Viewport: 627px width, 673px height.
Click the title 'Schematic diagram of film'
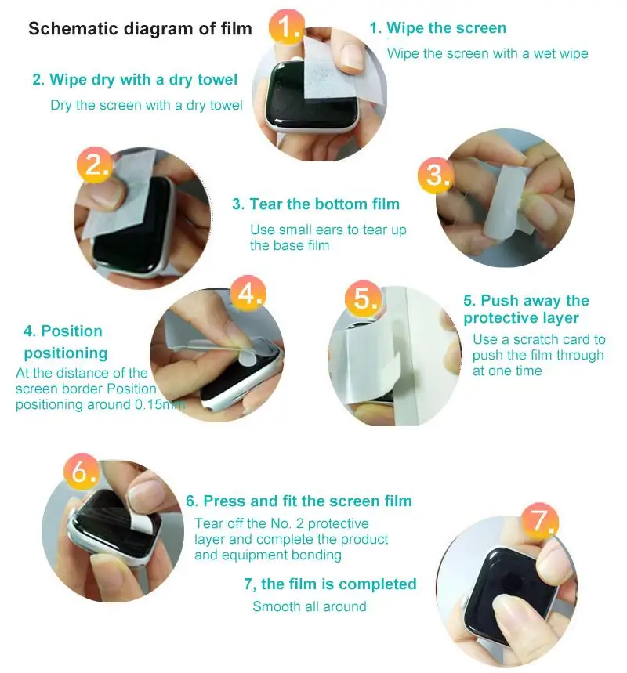[140, 30]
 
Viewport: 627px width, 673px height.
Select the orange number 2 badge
[95, 165]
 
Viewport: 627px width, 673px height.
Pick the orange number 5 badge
[362, 299]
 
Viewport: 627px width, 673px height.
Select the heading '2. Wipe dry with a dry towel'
[134, 80]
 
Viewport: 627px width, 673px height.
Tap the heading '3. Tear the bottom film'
[316, 204]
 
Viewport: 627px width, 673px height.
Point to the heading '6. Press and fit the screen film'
[299, 501]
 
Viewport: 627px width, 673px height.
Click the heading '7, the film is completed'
[330, 584]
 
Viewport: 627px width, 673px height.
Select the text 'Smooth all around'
[309, 606]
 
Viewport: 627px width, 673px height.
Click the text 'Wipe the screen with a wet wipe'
[487, 53]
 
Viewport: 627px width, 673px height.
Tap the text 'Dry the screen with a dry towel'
[146, 105]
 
